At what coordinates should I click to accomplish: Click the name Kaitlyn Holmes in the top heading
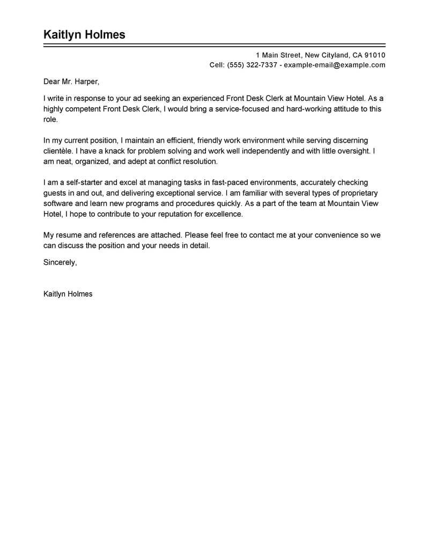click(x=84, y=35)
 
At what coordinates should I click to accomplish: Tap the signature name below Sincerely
click(x=68, y=294)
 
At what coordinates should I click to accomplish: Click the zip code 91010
click(x=374, y=55)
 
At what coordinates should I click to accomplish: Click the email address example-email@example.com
click(x=334, y=65)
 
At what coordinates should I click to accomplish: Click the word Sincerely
click(x=60, y=262)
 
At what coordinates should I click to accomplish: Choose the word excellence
click(x=224, y=214)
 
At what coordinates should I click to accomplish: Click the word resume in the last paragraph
click(x=69, y=235)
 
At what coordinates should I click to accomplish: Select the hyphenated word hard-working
click(x=299, y=109)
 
